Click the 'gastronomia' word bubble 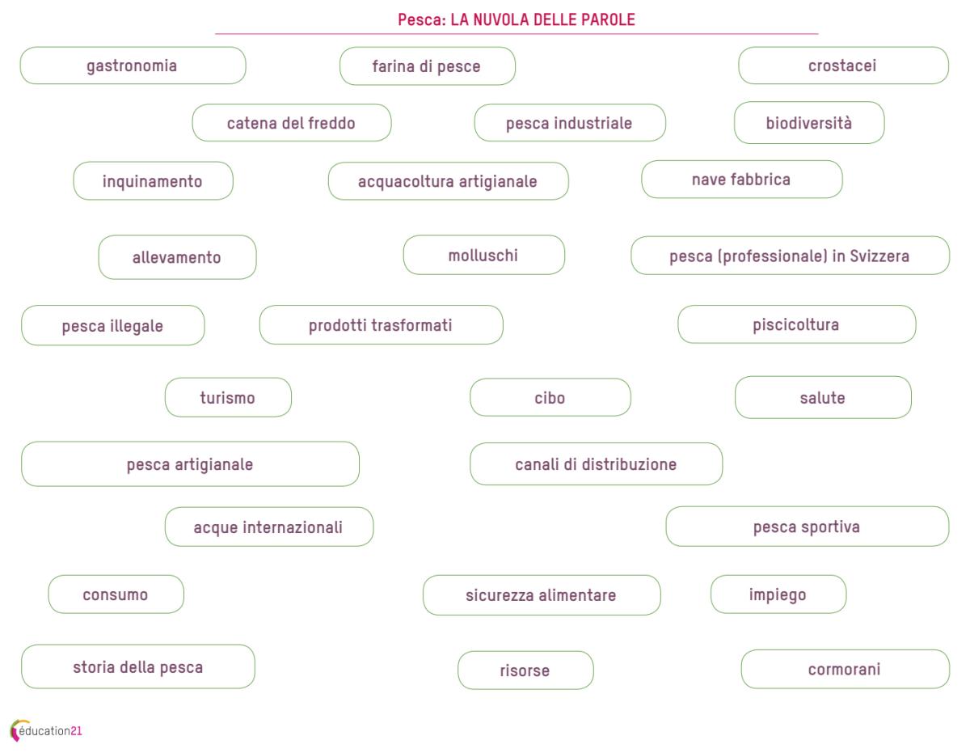pos(133,66)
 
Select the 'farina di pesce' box pos(427,66)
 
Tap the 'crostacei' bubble pos(843,66)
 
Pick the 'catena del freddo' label pos(292,123)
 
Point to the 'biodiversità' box pos(809,123)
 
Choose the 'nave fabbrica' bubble pos(742,179)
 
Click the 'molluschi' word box pos(484,255)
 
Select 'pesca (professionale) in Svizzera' pos(790,256)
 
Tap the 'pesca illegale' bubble pos(113,325)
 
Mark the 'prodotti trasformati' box pos(382,324)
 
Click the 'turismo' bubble pos(228,397)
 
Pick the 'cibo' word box pos(550,397)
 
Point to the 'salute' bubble pos(823,397)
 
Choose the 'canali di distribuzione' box pos(596,464)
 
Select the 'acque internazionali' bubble pos(269,527)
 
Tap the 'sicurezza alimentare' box pos(542,595)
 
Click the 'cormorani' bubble pos(845,669)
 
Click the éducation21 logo pos(46,730)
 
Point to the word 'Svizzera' pos(879,256)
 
